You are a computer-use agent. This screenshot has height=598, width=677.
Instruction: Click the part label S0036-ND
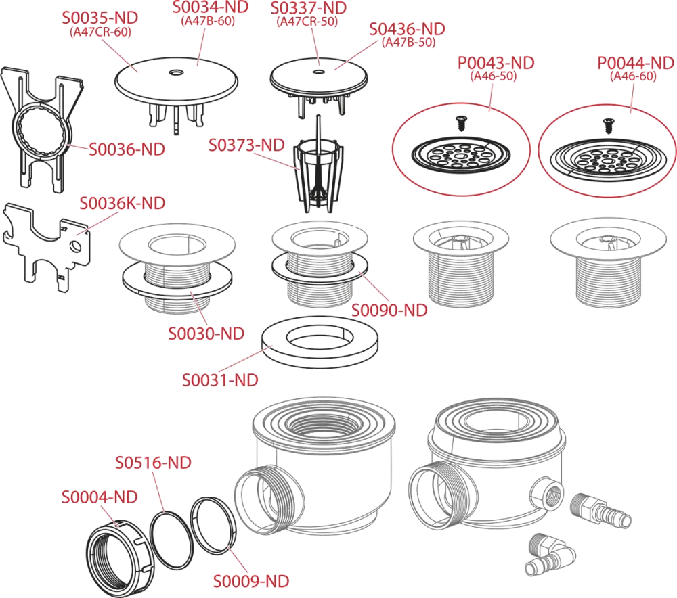tap(127, 149)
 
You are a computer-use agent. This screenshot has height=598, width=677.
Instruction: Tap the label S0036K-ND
tap(123, 203)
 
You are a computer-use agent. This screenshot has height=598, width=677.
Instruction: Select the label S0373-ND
tap(246, 145)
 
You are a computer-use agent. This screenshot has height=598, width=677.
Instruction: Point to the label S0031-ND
tap(220, 380)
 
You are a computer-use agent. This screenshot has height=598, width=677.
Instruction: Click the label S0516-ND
tap(153, 463)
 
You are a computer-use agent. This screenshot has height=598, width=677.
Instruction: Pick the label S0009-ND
tap(251, 582)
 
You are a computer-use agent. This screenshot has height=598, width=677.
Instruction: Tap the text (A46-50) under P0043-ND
tap(494, 76)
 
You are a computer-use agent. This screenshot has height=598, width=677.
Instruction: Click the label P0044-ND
tap(636, 64)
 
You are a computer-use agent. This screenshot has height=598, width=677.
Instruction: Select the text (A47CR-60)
tap(101, 32)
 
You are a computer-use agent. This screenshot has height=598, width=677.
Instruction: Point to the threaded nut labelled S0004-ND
tap(120, 558)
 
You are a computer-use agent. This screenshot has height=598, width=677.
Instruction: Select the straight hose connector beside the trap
tap(600, 511)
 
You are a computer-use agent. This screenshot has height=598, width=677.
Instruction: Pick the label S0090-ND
tap(389, 310)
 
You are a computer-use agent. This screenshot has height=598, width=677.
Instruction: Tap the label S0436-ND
tap(407, 29)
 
